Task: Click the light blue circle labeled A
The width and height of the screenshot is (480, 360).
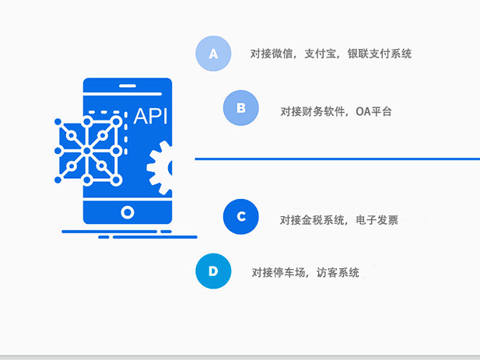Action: (x=213, y=54)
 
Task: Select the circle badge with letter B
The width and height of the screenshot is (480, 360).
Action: (x=241, y=108)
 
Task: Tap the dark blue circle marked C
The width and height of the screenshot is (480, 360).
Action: (x=241, y=217)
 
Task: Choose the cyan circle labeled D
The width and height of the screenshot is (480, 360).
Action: (x=213, y=271)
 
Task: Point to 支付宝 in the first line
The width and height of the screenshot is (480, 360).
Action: (x=320, y=54)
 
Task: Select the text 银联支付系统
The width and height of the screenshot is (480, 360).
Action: (x=380, y=54)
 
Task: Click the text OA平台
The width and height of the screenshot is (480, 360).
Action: (x=373, y=111)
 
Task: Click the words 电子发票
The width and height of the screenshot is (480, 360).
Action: (x=377, y=220)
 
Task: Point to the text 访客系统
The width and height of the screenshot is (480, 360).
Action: (x=338, y=272)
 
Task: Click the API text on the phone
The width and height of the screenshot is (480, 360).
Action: (x=151, y=116)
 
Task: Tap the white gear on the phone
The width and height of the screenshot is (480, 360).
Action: (x=159, y=168)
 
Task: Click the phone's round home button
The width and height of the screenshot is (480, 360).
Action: (x=128, y=212)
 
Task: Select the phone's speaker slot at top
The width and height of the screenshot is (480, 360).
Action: (x=128, y=86)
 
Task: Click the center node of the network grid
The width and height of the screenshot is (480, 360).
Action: (x=87, y=151)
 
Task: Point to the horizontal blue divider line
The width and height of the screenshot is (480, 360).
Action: (x=338, y=159)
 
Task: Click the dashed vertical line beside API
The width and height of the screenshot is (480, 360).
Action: (x=125, y=134)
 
